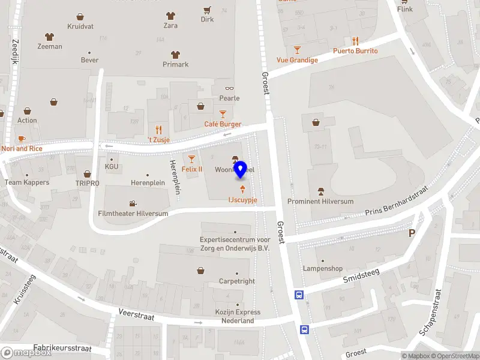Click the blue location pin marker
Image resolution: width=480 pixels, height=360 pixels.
click(241, 170)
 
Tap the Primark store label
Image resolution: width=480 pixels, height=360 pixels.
click(176, 64)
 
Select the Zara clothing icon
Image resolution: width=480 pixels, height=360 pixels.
click(170, 16)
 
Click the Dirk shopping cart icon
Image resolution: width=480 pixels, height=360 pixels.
click(207, 10)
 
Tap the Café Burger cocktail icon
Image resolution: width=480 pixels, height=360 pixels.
click(223, 113)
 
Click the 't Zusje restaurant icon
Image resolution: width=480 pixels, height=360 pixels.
click(159, 129)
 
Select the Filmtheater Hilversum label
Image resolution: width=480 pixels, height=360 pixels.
click(133, 213)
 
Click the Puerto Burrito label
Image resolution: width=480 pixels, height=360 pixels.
click(355, 51)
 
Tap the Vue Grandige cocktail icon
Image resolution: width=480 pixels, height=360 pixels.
click(297, 49)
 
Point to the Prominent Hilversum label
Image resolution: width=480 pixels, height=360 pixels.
click(320, 202)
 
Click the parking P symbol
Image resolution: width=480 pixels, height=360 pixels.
click(412, 233)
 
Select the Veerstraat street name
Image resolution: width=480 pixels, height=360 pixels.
click(137, 316)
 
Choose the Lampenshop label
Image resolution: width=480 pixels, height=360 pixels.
click(323, 268)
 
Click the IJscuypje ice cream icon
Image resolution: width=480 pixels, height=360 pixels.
click(242, 190)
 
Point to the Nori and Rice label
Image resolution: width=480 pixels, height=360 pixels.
click(22, 148)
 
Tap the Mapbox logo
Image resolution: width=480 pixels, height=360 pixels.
click(26, 352)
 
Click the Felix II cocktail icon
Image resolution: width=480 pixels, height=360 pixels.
click(192, 159)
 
